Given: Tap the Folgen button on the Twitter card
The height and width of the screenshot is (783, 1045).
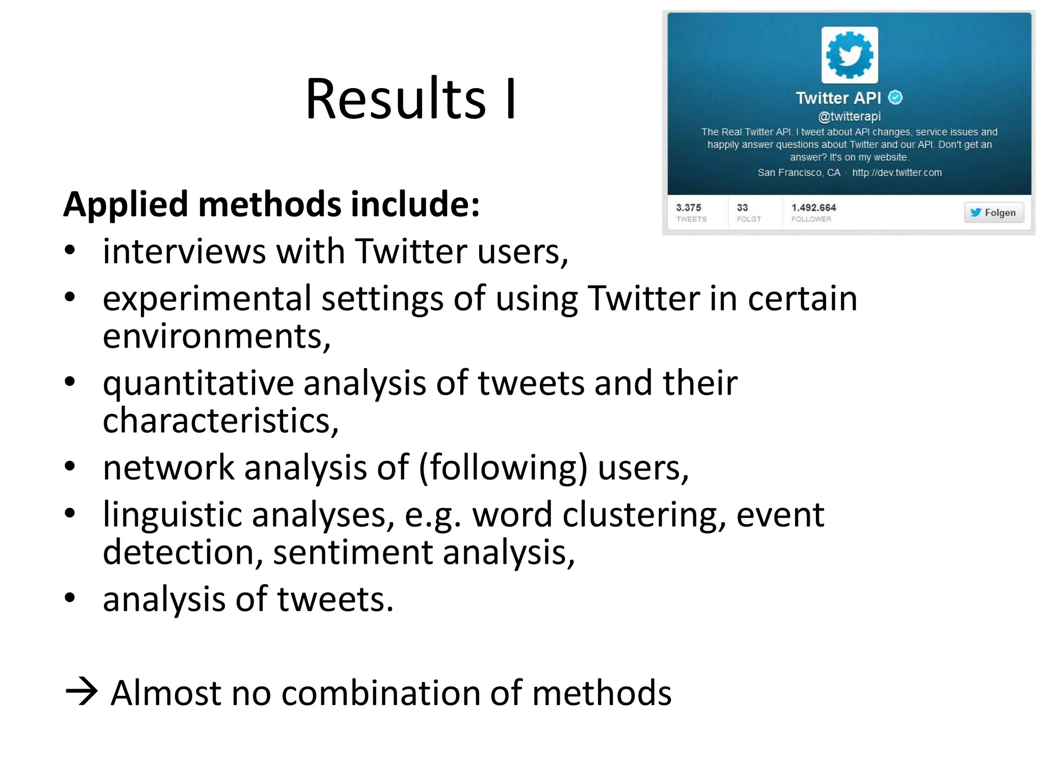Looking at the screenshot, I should (993, 213).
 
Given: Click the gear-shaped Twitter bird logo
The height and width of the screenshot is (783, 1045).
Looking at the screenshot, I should (849, 55).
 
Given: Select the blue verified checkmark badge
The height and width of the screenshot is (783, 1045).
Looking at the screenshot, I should (895, 97).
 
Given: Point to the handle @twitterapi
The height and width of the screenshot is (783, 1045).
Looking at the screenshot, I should (849, 117).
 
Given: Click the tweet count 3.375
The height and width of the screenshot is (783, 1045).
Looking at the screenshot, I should (688, 207).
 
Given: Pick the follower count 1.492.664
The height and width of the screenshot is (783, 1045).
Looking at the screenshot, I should (813, 207).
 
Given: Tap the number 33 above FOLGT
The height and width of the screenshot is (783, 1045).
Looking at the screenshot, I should (742, 207).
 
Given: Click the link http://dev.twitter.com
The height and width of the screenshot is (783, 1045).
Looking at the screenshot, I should (897, 173).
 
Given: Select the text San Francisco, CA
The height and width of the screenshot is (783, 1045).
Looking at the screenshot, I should (799, 173).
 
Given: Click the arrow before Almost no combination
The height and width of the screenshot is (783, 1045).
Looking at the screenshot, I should (82, 692).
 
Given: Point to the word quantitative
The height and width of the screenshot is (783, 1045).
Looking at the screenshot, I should (198, 383).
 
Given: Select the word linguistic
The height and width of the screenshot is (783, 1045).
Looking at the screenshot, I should (172, 515).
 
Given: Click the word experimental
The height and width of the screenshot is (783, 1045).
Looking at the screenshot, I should (207, 299).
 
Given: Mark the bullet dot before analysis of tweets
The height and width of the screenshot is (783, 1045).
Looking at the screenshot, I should (70, 597).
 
